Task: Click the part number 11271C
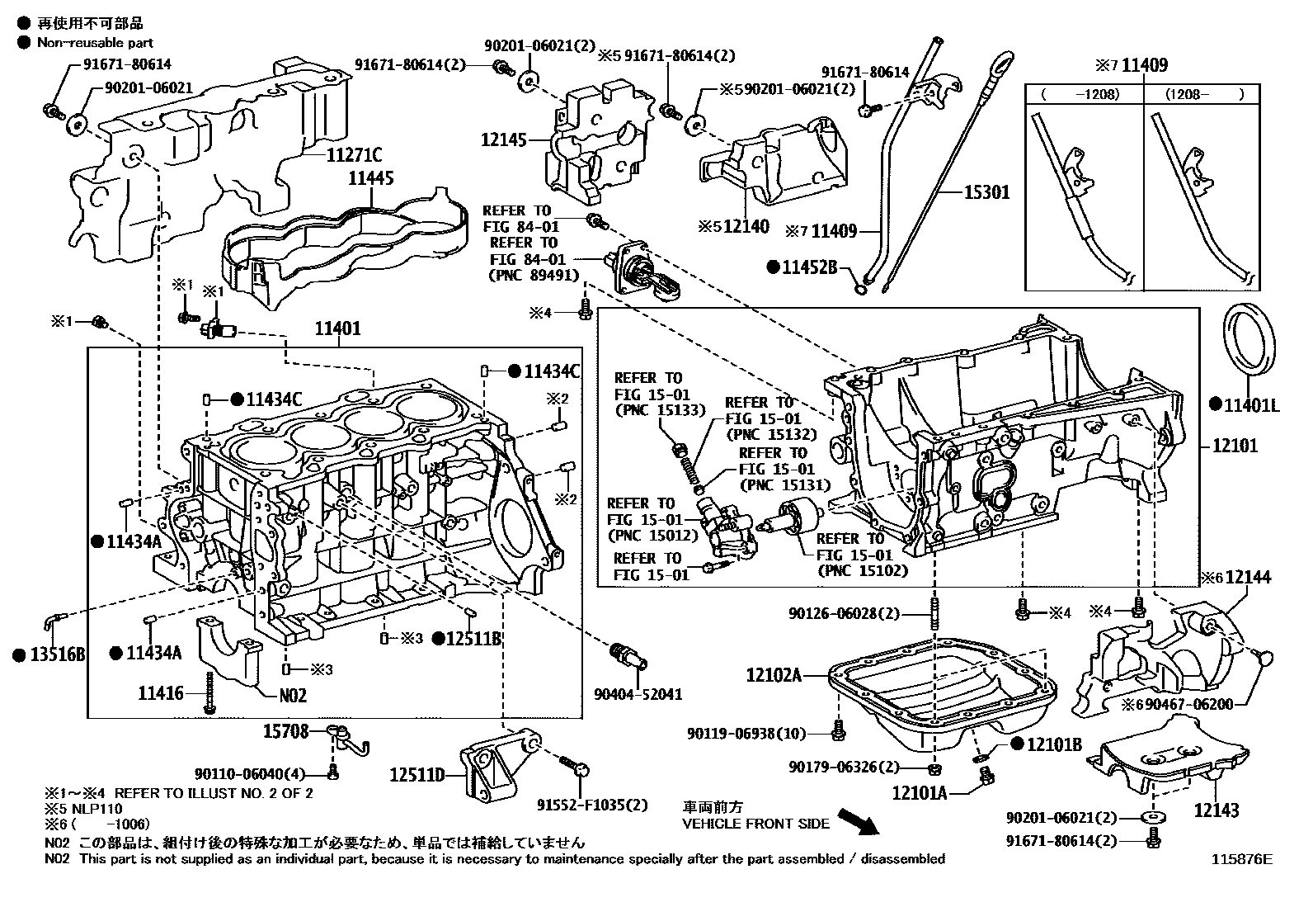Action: [350, 154]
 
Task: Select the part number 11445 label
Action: [370, 177]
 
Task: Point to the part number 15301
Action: [986, 192]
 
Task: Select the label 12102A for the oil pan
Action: [774, 675]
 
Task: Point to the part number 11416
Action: [161, 693]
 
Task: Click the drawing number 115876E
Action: [1241, 859]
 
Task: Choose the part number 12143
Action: [1217, 810]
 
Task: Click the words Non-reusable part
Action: [95, 42]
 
